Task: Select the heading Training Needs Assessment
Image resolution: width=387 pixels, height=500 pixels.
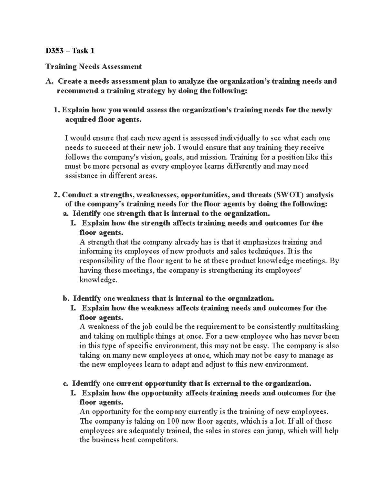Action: coord(93,67)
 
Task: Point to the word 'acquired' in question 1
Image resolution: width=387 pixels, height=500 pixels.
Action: coord(80,119)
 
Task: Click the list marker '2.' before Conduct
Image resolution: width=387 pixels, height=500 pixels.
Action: coord(57,195)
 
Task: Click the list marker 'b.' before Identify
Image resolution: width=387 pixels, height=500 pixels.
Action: coord(66,298)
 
